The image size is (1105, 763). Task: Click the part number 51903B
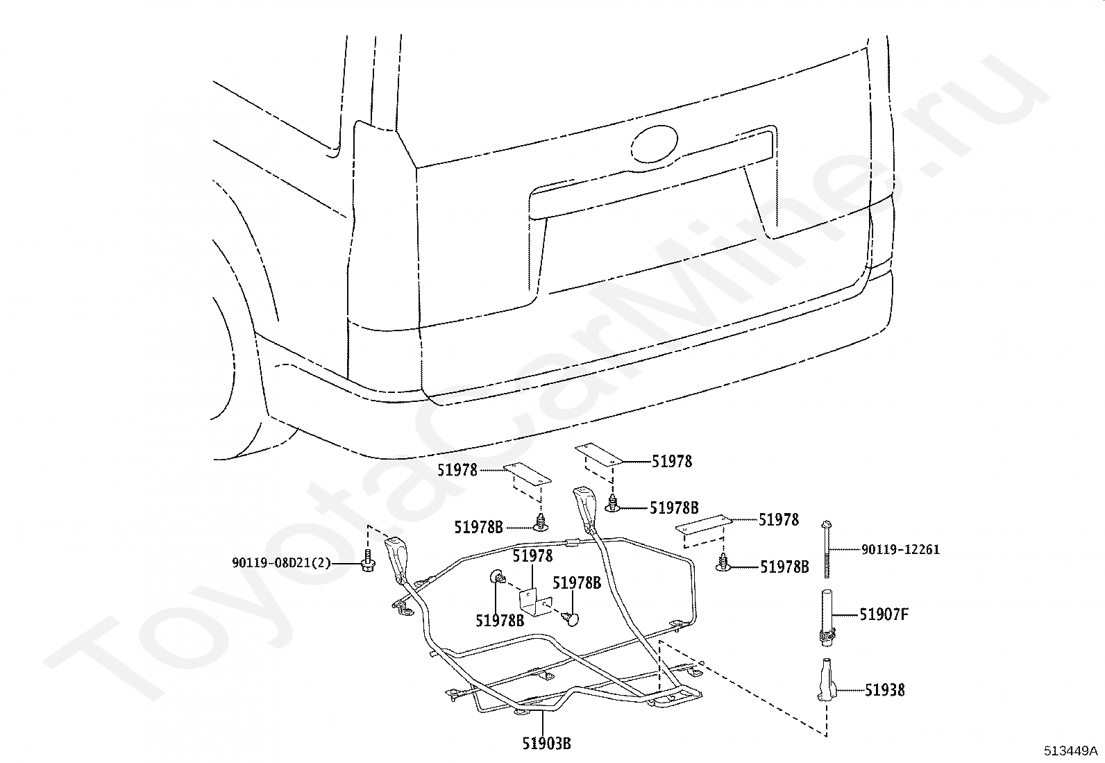(546, 744)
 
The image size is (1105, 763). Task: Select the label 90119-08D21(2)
(281, 562)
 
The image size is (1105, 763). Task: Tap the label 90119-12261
(900, 549)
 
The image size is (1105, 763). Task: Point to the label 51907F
(884, 614)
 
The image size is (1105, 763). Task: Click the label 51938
(885, 689)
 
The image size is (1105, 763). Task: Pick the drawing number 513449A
(1070, 751)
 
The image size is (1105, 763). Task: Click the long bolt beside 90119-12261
(826, 549)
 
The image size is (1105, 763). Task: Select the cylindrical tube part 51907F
(827, 617)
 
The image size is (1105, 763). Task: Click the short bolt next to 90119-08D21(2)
(368, 561)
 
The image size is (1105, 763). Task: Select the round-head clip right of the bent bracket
(570, 619)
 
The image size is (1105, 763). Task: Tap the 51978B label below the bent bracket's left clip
(500, 621)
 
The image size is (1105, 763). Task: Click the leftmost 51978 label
(457, 470)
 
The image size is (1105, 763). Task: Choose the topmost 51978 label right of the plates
(672, 462)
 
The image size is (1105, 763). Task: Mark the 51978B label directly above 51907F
(784, 567)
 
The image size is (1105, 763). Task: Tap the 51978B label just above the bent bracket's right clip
(577, 583)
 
